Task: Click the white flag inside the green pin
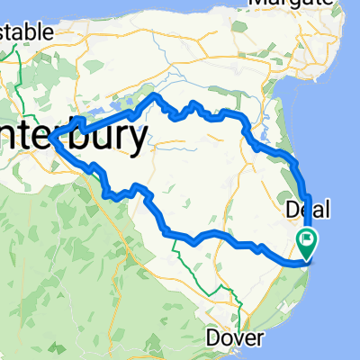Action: point(307,240)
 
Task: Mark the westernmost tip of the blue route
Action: point(52,138)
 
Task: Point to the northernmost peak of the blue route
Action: point(155,94)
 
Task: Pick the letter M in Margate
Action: point(256,4)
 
